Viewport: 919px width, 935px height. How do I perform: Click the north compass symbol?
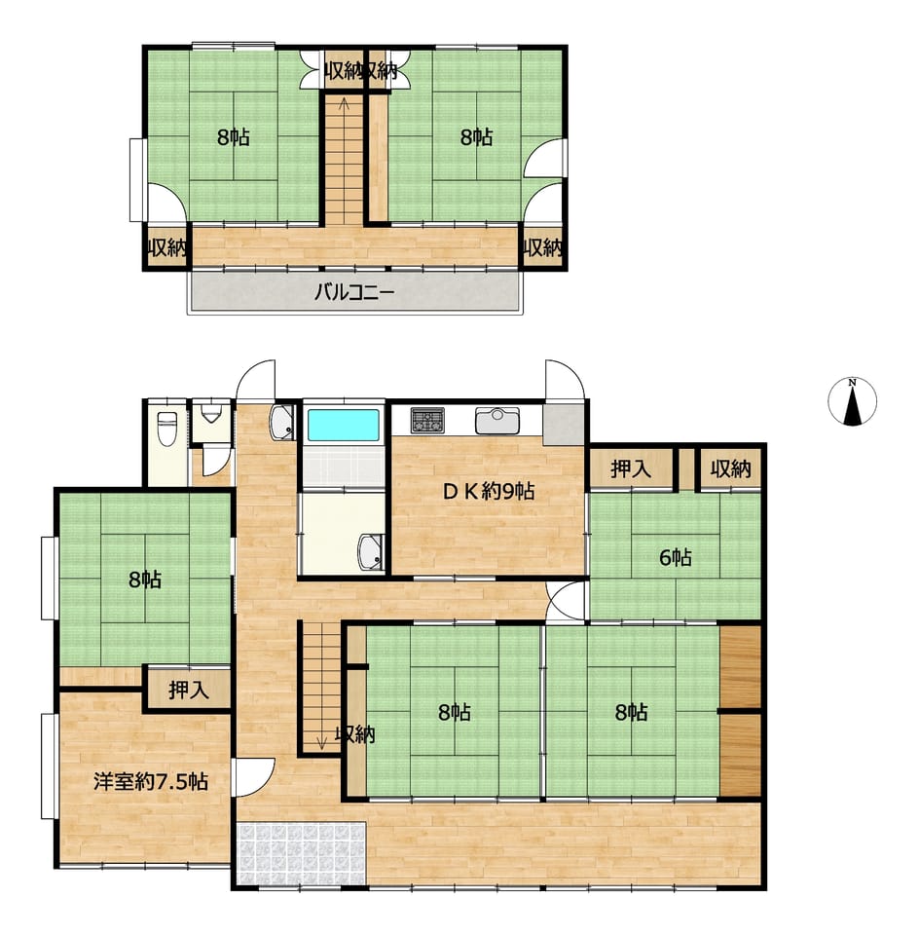(852, 401)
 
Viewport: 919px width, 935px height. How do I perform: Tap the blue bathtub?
(344, 425)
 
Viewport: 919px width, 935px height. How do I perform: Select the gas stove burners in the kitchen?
(427, 420)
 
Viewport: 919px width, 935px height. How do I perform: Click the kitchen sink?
(497, 421)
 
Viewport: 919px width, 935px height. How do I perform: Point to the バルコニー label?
(354, 292)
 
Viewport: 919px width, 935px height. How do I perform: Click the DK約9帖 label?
(488, 491)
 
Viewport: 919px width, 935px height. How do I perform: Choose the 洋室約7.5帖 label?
(151, 781)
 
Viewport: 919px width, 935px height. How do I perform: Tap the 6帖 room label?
(676, 557)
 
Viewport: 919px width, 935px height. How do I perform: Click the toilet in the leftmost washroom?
(166, 428)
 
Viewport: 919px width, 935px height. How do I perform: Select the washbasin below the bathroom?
(370, 551)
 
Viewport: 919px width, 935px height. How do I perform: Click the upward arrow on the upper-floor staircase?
(344, 105)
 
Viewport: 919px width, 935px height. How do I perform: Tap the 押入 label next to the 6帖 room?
(631, 468)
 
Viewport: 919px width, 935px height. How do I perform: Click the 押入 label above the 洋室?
(188, 690)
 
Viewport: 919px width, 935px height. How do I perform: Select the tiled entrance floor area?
(301, 854)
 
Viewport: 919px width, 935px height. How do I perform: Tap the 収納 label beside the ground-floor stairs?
(355, 734)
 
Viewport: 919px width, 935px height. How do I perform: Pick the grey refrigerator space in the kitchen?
(564, 425)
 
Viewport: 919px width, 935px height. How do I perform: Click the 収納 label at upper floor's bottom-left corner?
(166, 246)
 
